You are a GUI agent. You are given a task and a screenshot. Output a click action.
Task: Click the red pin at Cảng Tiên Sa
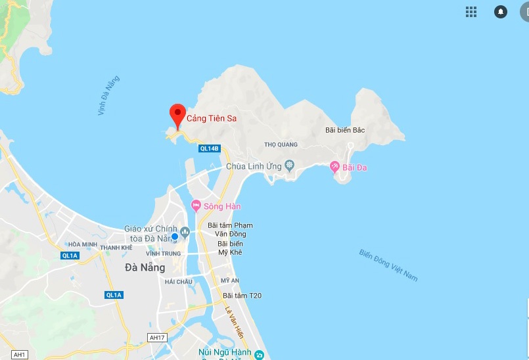[x=177, y=114]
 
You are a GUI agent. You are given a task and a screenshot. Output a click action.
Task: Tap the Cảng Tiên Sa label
[x=212, y=119]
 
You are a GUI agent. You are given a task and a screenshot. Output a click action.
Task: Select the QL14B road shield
[x=209, y=148]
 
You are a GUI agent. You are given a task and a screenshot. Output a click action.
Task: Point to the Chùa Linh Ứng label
[x=254, y=166]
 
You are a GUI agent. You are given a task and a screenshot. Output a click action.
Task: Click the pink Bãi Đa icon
[x=334, y=168]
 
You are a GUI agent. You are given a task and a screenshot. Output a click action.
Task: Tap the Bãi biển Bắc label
[x=345, y=130]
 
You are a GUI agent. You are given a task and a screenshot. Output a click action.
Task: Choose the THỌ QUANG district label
[x=281, y=145]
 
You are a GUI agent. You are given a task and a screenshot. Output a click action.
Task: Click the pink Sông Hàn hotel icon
[x=196, y=206]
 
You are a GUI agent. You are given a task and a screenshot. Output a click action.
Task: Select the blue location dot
[x=175, y=236]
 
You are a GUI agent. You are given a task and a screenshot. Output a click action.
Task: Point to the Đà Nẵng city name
[x=145, y=267]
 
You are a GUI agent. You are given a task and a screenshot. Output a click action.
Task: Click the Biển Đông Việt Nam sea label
[x=388, y=265]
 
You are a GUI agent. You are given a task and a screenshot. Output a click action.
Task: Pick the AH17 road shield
[x=157, y=338]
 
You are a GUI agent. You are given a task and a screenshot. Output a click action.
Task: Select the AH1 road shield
[x=20, y=355]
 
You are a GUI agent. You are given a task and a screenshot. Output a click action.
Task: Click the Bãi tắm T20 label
[x=242, y=296]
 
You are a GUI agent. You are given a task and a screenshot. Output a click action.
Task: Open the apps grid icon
[x=471, y=11]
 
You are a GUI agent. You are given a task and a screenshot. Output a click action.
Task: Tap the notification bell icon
[x=501, y=11]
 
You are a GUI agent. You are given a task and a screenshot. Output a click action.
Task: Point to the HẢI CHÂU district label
[x=178, y=281]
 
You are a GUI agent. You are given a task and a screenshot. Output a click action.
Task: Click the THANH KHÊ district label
[x=116, y=248]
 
